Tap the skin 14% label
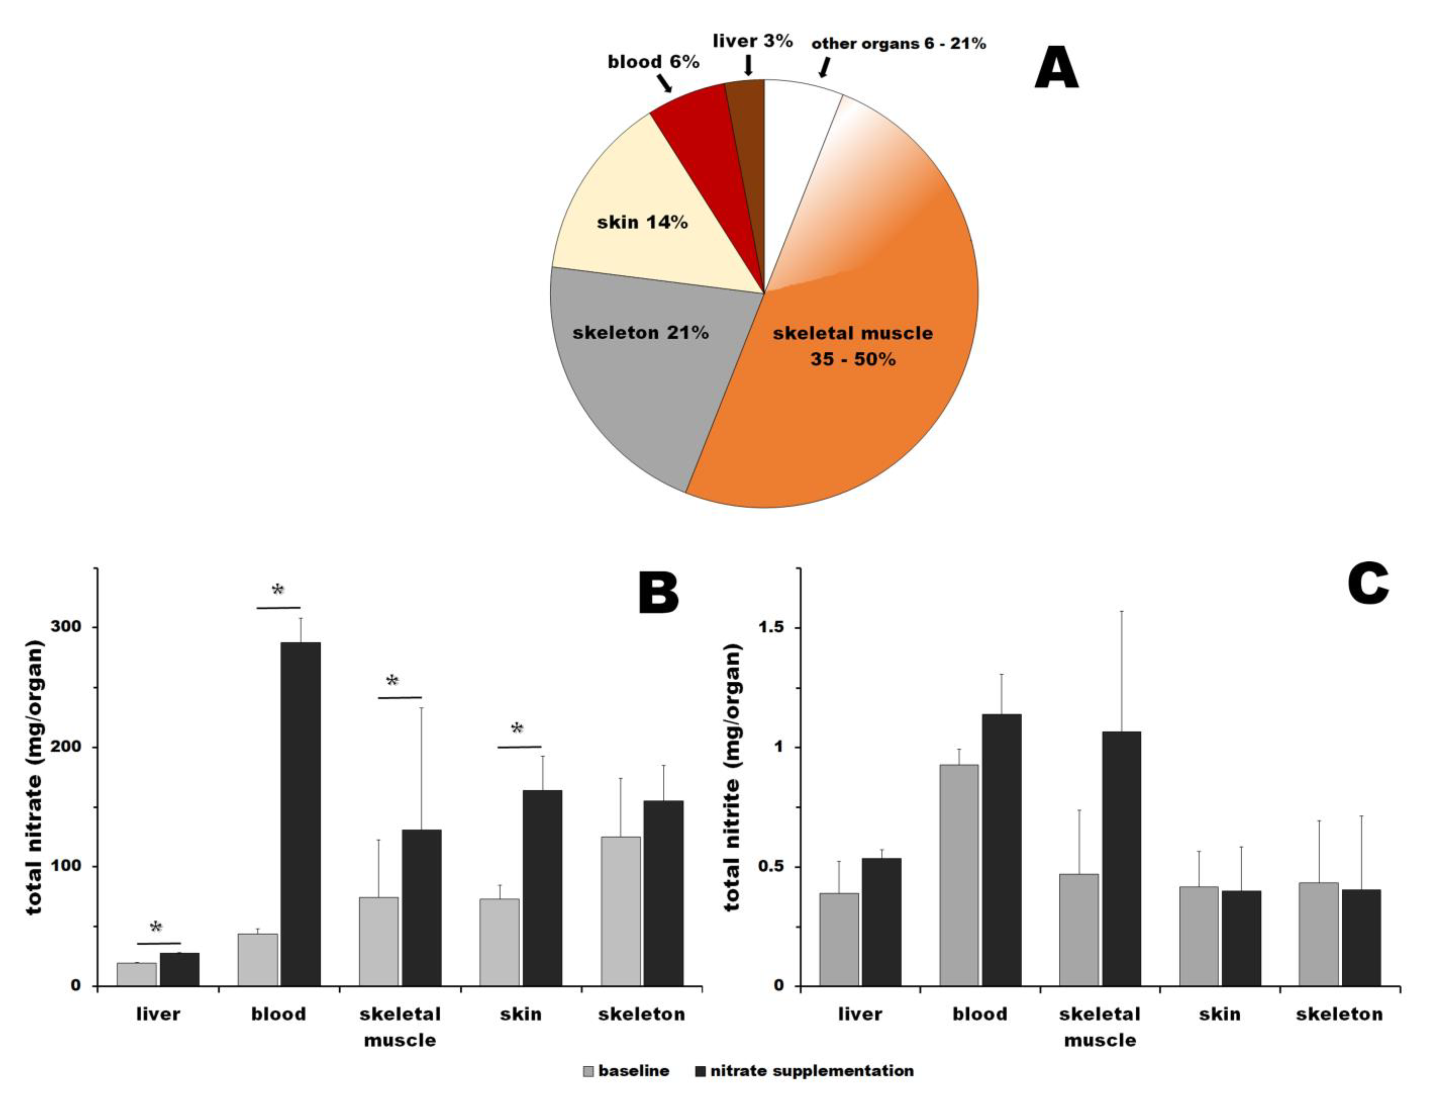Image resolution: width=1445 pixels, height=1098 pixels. click(x=642, y=223)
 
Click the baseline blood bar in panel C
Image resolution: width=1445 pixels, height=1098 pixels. click(x=959, y=874)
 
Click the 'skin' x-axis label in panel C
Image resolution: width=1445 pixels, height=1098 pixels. click(x=1219, y=1014)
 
